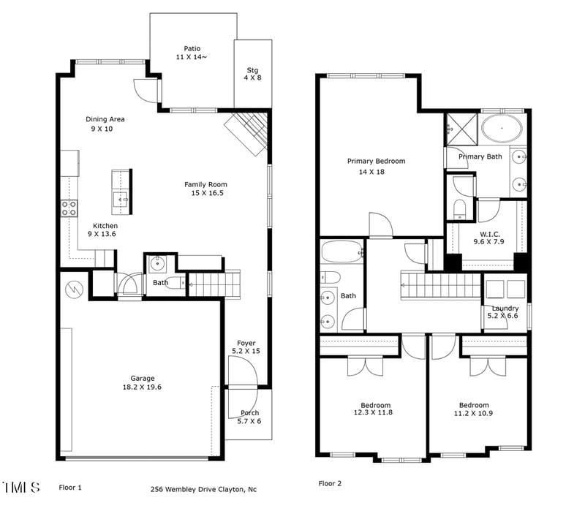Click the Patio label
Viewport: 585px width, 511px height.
(192, 53)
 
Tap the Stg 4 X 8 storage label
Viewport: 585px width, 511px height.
(252, 74)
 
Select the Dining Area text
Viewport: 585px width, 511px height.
(105, 124)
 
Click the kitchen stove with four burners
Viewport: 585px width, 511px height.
(69, 208)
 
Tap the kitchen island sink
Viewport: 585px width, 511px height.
(121, 197)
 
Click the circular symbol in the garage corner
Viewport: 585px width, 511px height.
(75, 289)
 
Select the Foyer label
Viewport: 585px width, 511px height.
(246, 347)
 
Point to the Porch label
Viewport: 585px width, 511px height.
(249, 417)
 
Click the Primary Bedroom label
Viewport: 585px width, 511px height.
(376, 166)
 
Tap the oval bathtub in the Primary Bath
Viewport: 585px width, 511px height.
(502, 129)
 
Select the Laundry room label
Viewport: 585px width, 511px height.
(505, 312)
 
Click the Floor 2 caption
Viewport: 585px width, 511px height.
(330, 484)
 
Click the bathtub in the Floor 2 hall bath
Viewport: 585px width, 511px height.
(341, 254)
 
